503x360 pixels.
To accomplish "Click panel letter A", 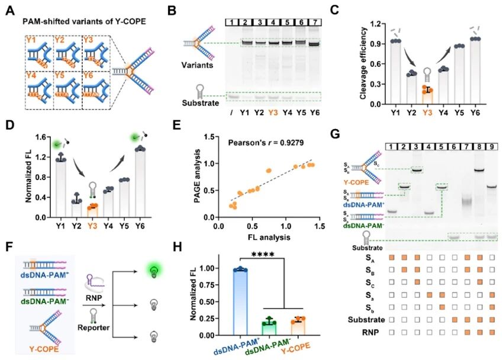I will pyautogui.click(x=9, y=10).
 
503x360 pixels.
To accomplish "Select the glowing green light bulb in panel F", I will pyautogui.click(x=153, y=271).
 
